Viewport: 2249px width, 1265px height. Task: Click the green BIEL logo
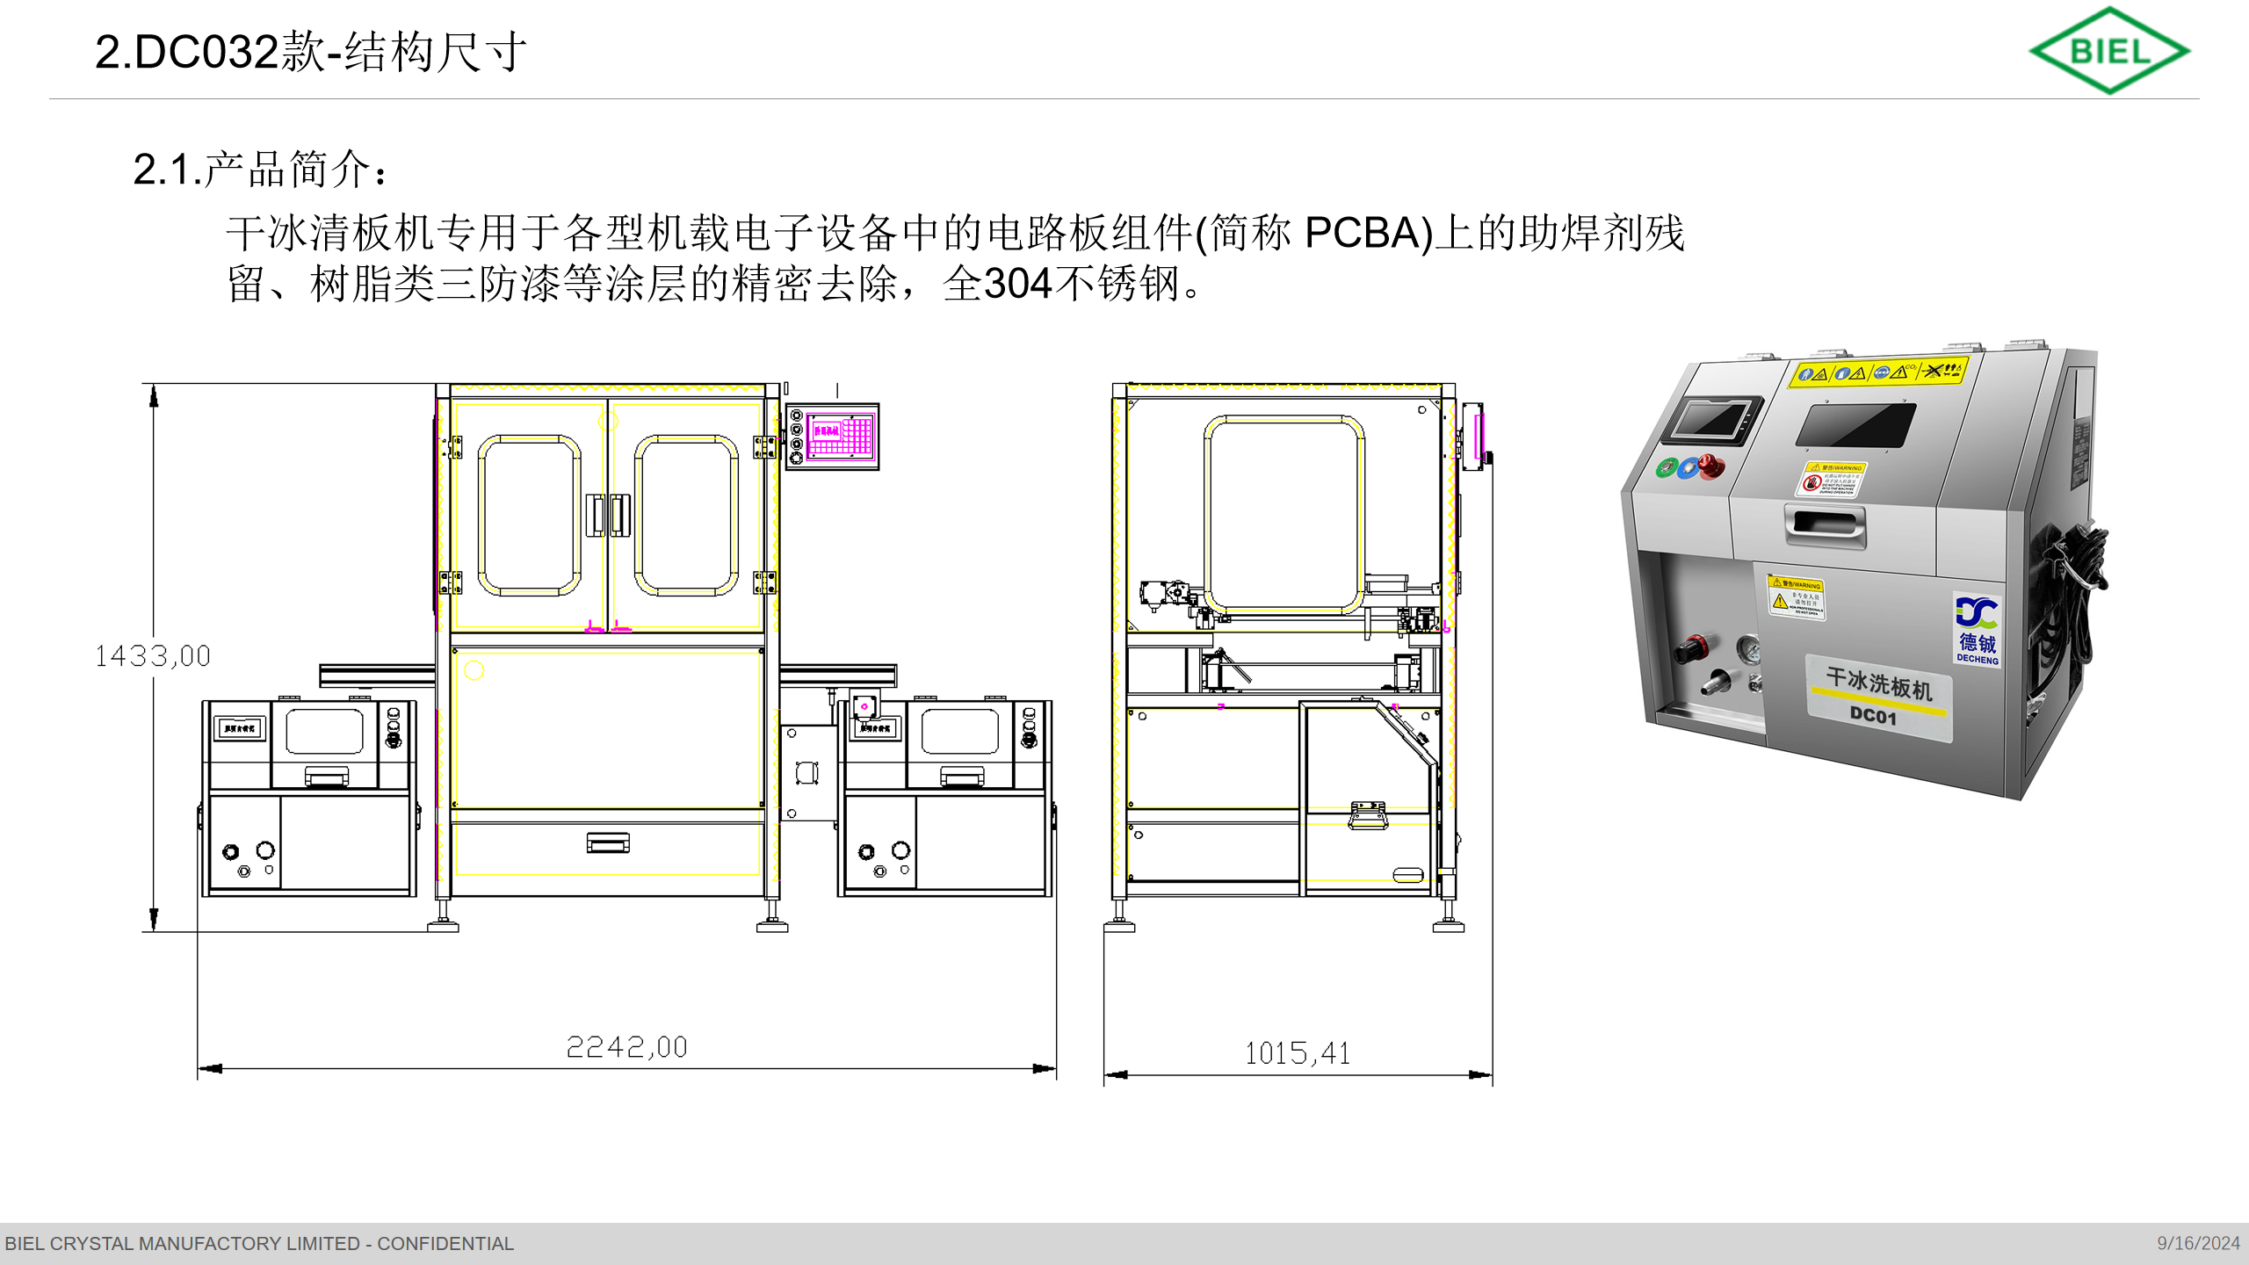click(2109, 51)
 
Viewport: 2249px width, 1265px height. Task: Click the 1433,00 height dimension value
click(153, 656)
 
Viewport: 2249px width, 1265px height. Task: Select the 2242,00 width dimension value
click(626, 1047)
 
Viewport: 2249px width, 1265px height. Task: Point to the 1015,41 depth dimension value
click(1298, 1053)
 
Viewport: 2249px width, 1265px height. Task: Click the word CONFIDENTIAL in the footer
click(445, 1244)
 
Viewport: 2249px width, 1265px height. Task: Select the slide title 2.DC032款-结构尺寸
click(311, 52)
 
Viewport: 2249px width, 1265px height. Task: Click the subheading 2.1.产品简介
click(259, 169)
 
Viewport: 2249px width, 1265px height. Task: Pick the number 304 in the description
click(1018, 284)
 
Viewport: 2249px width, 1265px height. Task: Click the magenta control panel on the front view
click(841, 437)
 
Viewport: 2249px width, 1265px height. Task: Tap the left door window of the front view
click(529, 515)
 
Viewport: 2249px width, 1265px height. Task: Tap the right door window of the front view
click(686, 515)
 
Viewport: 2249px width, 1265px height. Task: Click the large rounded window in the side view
click(1284, 514)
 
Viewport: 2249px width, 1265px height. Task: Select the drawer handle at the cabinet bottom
click(608, 843)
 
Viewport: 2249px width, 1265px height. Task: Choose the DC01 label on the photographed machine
click(1873, 716)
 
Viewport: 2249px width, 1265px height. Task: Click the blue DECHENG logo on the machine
click(1977, 629)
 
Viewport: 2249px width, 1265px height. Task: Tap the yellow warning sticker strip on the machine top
click(1879, 372)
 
